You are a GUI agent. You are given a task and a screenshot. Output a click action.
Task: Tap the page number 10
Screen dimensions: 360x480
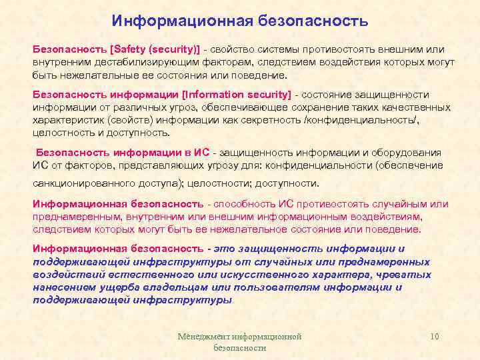coord(435,337)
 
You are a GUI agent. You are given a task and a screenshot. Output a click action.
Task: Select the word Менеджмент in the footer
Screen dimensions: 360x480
coord(201,337)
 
